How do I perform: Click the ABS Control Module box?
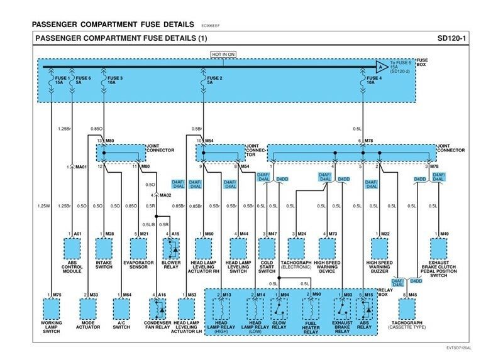pos(72,249)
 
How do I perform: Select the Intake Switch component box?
pos(104,249)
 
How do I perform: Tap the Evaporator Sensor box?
pos(139,249)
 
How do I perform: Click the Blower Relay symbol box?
pos(172,249)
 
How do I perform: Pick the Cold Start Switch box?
pos(267,249)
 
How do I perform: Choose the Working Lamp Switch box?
pos(52,308)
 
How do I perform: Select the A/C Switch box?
pos(121,308)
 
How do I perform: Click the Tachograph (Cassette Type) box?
pos(407,308)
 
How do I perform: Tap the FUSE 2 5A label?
pos(214,80)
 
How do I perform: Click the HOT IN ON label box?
pos(223,54)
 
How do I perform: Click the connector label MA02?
pos(165,195)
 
